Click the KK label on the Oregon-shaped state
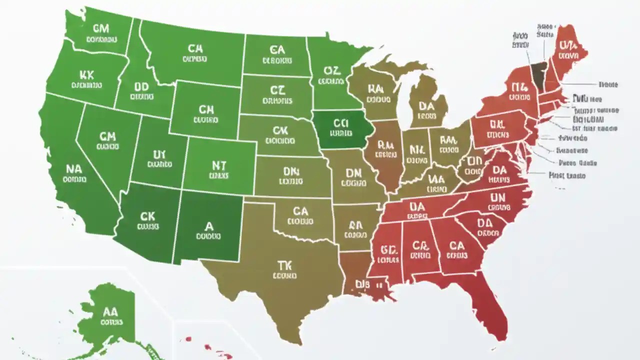pyautogui.click(x=86, y=75)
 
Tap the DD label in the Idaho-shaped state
pyautogui.click(x=141, y=87)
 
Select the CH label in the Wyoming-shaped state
pyautogui.click(x=206, y=109)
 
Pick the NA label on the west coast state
pyautogui.click(x=73, y=168)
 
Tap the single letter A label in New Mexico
pyautogui.click(x=208, y=226)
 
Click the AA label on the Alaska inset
pyautogui.click(x=109, y=311)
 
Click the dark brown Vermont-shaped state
pyautogui.click(x=538, y=75)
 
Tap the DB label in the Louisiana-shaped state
pyautogui.click(x=361, y=284)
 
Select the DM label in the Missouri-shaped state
pyautogui.click(x=353, y=173)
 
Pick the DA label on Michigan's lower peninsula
pyautogui.click(x=426, y=105)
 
